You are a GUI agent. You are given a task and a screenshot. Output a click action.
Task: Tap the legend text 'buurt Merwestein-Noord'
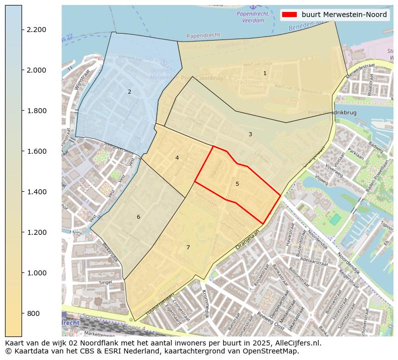pos(344,15)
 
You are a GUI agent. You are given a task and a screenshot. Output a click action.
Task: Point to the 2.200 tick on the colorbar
pos(36,30)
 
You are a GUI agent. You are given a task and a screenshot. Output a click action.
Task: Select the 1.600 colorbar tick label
pos(36,151)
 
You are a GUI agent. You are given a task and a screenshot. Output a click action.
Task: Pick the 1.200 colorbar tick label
pos(36,232)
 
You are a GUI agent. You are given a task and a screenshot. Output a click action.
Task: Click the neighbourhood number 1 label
pos(265,73)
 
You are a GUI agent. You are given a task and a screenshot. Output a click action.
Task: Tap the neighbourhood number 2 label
pos(129,92)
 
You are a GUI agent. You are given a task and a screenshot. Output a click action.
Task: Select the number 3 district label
pos(250,134)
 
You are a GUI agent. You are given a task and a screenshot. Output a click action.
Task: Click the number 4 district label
pos(177,158)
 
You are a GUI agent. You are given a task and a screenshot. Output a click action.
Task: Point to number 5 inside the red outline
pos(237,184)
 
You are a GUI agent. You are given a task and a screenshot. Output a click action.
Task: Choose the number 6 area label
pos(138,217)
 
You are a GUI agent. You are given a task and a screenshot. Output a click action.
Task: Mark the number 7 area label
pos(188,247)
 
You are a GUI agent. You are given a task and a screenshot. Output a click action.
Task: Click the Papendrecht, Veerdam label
pos(253,18)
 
